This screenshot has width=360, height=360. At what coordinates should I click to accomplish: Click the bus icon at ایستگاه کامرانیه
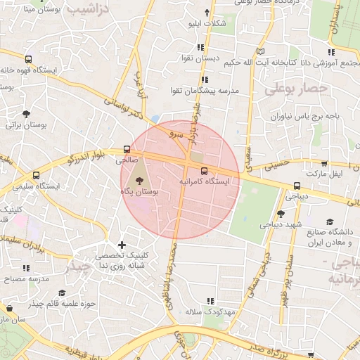[x=205, y=171]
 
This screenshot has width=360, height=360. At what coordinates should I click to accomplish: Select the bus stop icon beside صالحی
[x=127, y=149]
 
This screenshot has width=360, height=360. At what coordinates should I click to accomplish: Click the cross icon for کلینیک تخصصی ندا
[x=122, y=245]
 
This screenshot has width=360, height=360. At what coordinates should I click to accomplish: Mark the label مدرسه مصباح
[x=24, y=278]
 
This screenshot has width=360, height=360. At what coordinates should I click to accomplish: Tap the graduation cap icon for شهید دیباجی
[x=281, y=214]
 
